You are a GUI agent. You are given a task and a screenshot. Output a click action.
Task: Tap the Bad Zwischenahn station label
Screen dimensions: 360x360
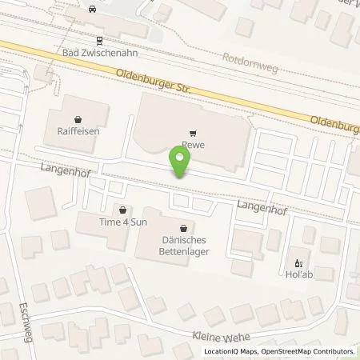point(99,52)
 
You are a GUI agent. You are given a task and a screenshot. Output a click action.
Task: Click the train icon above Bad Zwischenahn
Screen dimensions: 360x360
point(99,39)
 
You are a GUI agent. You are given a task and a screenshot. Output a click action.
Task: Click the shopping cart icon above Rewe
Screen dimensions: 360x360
point(192,134)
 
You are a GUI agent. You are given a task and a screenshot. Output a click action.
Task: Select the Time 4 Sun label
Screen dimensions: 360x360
point(122,222)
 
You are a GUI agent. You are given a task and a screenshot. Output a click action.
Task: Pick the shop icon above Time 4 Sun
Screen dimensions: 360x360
point(122,210)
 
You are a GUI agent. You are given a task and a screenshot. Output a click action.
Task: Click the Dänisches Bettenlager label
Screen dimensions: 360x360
point(185,246)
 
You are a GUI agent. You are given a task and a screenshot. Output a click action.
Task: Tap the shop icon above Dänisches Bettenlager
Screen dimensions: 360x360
point(185,227)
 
